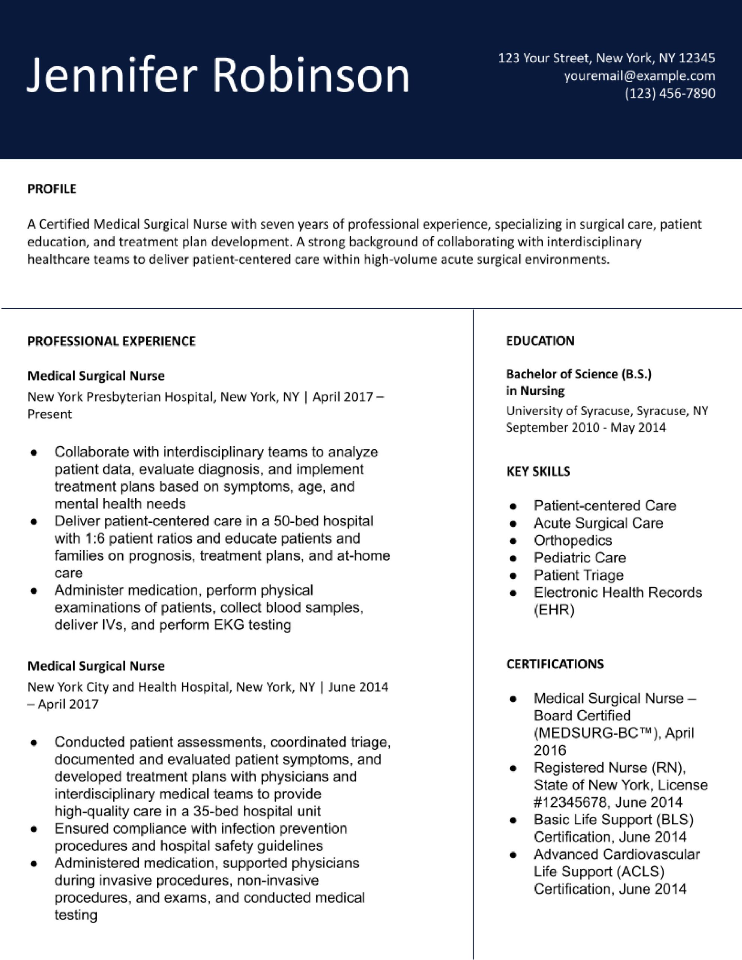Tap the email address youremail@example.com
(x=639, y=76)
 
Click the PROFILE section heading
(x=52, y=189)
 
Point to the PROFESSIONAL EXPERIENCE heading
(x=111, y=342)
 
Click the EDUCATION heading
(x=540, y=341)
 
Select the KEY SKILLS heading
(x=538, y=472)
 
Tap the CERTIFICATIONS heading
(x=555, y=664)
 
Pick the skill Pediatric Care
(x=579, y=558)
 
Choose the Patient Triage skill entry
(x=578, y=575)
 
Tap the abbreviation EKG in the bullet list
(x=229, y=625)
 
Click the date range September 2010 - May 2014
(x=586, y=427)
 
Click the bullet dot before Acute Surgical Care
(x=512, y=524)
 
